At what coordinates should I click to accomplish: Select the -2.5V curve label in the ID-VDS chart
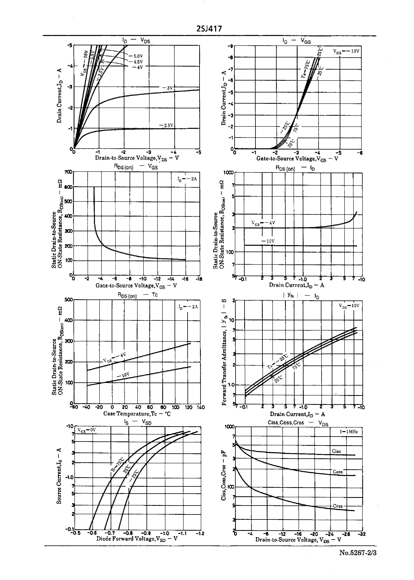[x=166, y=125]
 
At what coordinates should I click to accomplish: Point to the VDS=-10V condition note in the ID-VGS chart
[x=346, y=51]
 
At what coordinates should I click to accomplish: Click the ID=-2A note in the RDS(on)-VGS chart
[x=187, y=179]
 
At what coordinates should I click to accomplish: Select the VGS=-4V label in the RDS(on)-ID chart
[x=263, y=223]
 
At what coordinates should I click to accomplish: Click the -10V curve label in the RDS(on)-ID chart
[x=268, y=241]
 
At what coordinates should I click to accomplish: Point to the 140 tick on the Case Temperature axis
[x=201, y=407]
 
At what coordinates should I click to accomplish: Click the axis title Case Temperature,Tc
[x=137, y=414]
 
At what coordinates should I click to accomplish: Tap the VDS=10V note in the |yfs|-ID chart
[x=349, y=306]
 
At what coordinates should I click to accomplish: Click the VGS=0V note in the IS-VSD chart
[x=86, y=430]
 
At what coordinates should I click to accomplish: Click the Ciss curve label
[x=336, y=451]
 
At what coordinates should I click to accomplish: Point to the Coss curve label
[x=338, y=472]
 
